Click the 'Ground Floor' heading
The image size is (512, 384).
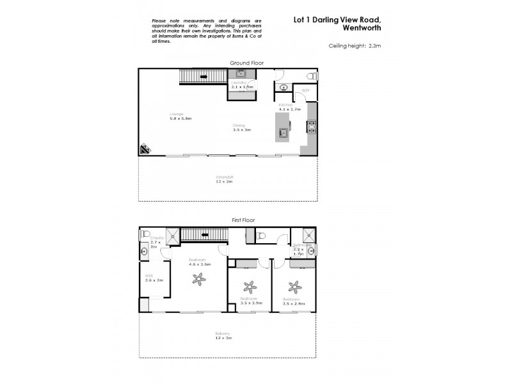pos(246,63)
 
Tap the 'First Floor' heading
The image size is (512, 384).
pos(243,220)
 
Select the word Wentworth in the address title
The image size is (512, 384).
pos(359,28)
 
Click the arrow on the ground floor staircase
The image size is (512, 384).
pos(204,77)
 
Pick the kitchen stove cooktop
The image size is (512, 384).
pos(312,127)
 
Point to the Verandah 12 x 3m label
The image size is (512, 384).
pos(223,179)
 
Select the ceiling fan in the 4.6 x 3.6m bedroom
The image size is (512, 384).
pos(199,278)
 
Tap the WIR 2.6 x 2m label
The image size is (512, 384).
pos(155,278)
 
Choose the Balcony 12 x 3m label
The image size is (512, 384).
pos(223,335)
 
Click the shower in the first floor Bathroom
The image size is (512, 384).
pos(308,234)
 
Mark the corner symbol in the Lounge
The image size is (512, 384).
pos(145,150)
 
